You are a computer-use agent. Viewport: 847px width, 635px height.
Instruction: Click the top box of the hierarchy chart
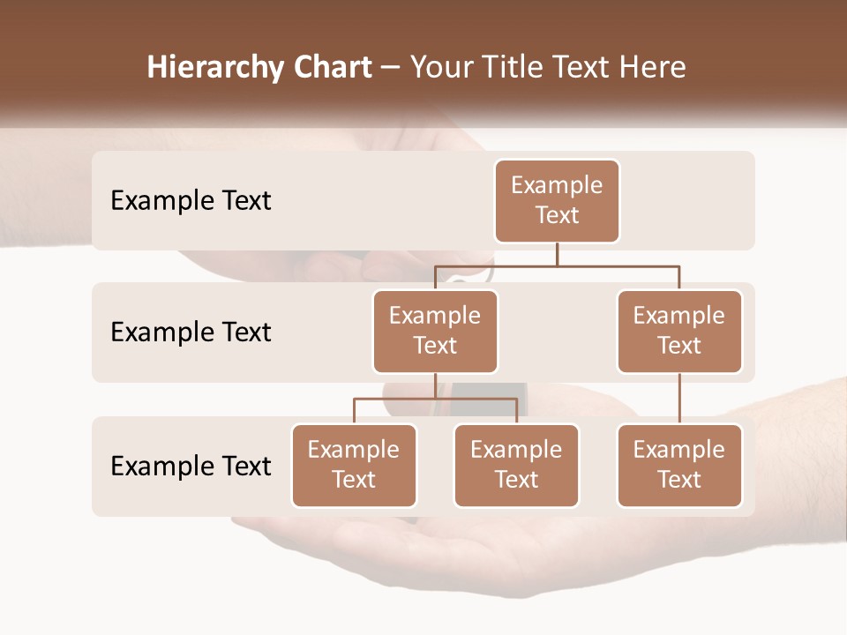click(557, 200)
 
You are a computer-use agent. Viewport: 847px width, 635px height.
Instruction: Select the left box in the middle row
click(435, 331)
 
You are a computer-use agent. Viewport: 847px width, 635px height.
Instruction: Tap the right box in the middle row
click(679, 331)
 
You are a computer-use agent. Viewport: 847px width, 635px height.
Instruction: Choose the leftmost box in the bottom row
click(354, 465)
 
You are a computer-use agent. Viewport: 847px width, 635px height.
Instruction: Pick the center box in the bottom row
click(516, 465)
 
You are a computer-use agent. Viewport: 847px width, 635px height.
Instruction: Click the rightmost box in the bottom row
click(679, 465)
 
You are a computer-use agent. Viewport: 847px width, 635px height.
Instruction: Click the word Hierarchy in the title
click(215, 68)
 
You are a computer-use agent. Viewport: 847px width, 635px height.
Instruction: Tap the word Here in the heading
click(652, 68)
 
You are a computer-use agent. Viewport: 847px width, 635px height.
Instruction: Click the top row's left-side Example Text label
click(191, 201)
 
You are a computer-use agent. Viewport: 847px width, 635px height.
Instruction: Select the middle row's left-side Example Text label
click(191, 332)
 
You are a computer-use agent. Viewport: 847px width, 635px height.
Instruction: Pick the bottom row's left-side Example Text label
click(191, 466)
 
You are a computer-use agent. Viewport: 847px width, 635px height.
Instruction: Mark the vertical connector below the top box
click(557, 254)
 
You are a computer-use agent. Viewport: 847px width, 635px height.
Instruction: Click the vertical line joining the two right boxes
click(679, 399)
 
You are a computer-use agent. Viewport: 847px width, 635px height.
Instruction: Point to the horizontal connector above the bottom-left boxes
click(435, 399)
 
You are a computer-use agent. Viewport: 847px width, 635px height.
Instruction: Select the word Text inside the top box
click(557, 215)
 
